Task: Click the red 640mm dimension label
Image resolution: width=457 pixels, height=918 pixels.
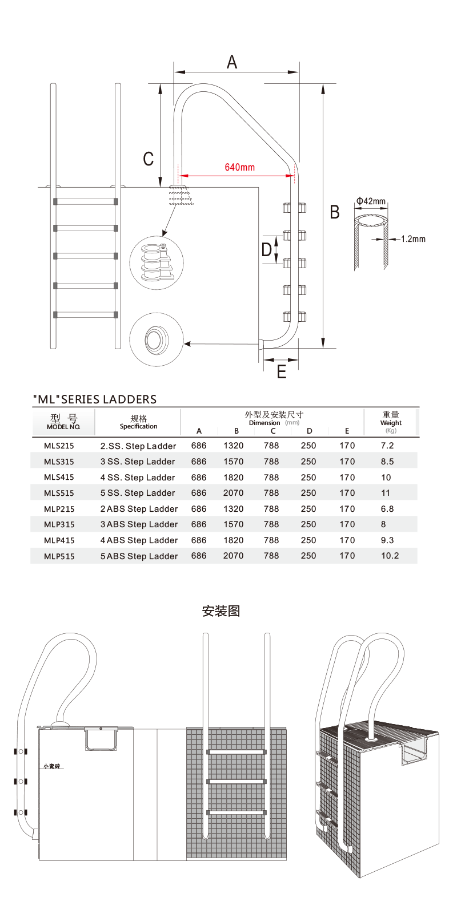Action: point(240,167)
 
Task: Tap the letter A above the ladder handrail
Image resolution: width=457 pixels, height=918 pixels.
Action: point(232,62)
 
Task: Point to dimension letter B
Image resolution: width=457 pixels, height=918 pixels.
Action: point(335,212)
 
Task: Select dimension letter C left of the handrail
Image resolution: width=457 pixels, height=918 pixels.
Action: point(149,159)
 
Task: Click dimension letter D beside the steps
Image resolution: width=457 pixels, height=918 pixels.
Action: point(267,249)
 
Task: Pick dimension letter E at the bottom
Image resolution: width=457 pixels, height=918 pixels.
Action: point(282,372)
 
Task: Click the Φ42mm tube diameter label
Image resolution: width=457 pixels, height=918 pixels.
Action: point(371,201)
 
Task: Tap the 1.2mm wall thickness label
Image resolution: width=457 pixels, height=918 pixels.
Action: point(413,239)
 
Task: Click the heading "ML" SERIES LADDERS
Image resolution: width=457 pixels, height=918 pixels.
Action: point(95,399)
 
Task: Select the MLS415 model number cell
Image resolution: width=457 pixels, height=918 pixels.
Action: point(59,477)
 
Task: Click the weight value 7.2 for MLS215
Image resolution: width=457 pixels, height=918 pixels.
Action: point(387,446)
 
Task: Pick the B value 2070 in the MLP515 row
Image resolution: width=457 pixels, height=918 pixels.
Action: point(233,556)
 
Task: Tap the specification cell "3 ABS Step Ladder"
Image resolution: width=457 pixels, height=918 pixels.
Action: point(139,524)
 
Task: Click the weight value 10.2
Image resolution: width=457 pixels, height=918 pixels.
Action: point(390,556)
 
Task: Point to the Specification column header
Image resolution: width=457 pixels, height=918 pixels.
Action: point(138,423)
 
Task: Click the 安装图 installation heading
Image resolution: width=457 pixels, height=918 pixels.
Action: point(221,611)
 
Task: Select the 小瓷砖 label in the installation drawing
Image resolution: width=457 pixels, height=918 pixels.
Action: point(53,766)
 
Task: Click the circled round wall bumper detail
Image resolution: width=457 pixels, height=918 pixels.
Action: point(156,340)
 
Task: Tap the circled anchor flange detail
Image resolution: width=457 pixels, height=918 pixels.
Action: point(157,262)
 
